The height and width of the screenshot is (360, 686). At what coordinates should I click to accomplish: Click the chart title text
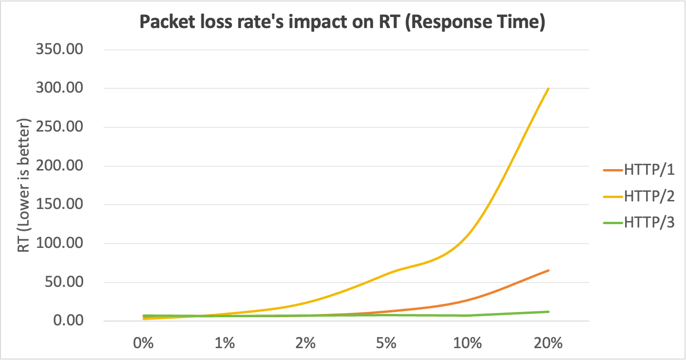coord(342,22)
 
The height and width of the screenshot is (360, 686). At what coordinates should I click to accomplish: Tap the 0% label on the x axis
coord(144,343)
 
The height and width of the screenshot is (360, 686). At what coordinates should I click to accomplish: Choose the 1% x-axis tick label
coord(225,343)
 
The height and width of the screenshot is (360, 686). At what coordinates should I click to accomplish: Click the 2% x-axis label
coord(305,343)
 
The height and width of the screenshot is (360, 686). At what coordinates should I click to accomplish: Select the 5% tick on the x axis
coord(386,343)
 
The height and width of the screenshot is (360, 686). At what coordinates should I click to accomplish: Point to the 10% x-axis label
coord(467,343)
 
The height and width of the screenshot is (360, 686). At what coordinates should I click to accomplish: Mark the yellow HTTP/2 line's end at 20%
coord(549,88)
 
